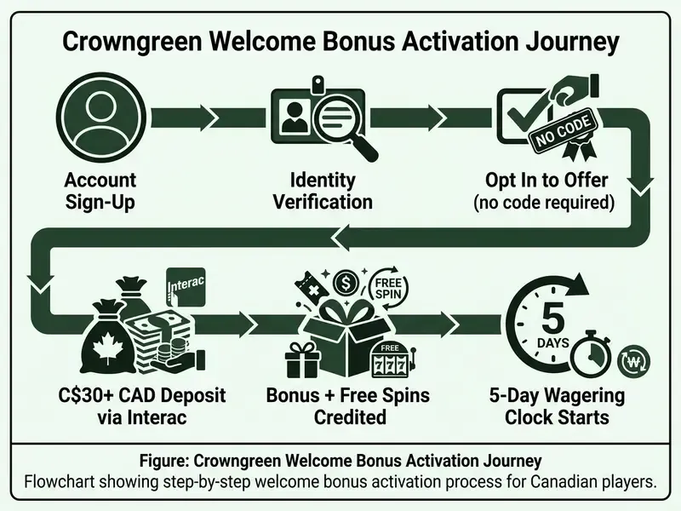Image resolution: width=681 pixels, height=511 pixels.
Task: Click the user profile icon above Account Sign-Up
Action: pos(100,117)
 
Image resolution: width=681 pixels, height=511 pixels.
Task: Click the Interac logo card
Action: pos(186,288)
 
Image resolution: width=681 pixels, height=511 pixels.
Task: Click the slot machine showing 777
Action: pos(391,359)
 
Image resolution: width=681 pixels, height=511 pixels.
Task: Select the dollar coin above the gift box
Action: pos(346,284)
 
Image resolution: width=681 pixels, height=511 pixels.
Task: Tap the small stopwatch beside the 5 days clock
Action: pos(591,357)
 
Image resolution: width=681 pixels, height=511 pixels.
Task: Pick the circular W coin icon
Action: pos(634,361)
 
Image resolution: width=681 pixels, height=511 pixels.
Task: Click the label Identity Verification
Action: pos(323,191)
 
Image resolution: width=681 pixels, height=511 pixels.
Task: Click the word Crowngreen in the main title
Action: pos(132,41)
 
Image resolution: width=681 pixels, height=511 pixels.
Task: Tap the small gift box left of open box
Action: pos(303,359)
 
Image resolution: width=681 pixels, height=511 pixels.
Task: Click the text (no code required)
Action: pos(545,203)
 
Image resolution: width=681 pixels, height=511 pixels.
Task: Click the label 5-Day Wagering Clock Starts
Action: pos(558,406)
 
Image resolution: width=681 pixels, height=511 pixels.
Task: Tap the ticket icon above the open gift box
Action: pos(309,288)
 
